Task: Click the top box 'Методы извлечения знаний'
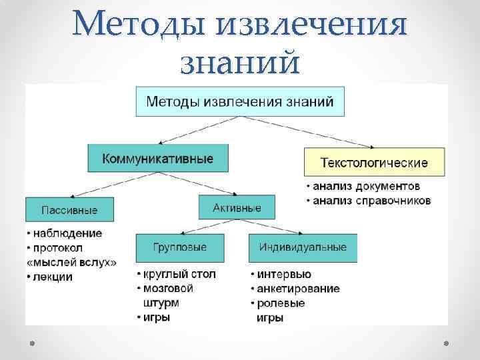[x=240, y=101]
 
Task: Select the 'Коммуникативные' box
[x=157, y=159]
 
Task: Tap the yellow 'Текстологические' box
[x=375, y=162]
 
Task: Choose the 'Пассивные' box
[x=69, y=209]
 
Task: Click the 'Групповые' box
[x=180, y=247]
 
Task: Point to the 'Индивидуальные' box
[x=303, y=247]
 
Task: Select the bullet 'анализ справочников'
[x=371, y=199]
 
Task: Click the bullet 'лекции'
[x=53, y=277]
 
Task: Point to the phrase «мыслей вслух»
[x=71, y=263]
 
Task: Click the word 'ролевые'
[x=281, y=303]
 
